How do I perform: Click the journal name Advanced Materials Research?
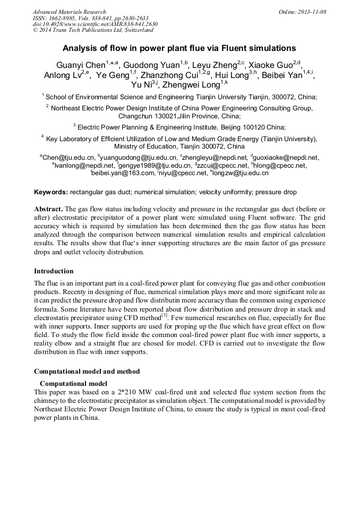(69, 12)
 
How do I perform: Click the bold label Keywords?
(51, 192)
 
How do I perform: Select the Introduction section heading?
(54, 271)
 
